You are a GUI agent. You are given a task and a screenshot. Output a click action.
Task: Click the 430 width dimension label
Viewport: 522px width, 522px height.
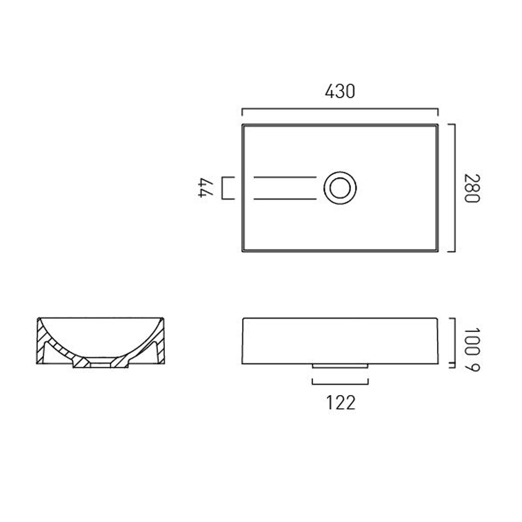pyautogui.click(x=340, y=92)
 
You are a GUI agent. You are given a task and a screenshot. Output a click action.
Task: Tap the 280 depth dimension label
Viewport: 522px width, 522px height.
pyautogui.click(x=472, y=188)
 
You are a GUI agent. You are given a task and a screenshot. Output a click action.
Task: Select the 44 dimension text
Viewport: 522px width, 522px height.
pyautogui.click(x=206, y=188)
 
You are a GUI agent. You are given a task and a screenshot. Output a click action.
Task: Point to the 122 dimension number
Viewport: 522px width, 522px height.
pyautogui.click(x=341, y=403)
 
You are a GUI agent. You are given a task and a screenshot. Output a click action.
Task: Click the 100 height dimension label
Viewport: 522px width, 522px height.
pyautogui.click(x=472, y=341)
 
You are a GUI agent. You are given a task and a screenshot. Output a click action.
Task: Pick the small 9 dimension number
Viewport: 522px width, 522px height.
pyautogui.click(x=472, y=367)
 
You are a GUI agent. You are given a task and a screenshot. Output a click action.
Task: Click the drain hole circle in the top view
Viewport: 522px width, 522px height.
pyautogui.click(x=340, y=188)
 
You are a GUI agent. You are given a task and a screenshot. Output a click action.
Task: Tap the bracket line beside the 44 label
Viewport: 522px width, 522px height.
pyautogui.click(x=223, y=188)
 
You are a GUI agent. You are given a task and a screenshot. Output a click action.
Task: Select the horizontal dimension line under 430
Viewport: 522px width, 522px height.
pyautogui.click(x=340, y=109)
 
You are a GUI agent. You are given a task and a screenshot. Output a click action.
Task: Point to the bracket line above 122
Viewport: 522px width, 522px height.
pyautogui.click(x=340, y=384)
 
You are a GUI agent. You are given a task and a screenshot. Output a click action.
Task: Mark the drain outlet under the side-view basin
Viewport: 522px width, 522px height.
pyautogui.click(x=340, y=366)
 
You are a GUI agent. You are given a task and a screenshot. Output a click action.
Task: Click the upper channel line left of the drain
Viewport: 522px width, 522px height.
pyautogui.click(x=285, y=177)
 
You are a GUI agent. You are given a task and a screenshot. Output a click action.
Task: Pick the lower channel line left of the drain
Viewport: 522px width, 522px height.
pyautogui.click(x=285, y=199)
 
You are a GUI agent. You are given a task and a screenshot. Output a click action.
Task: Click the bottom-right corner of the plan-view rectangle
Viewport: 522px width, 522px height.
pyautogui.click(x=437, y=251)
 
